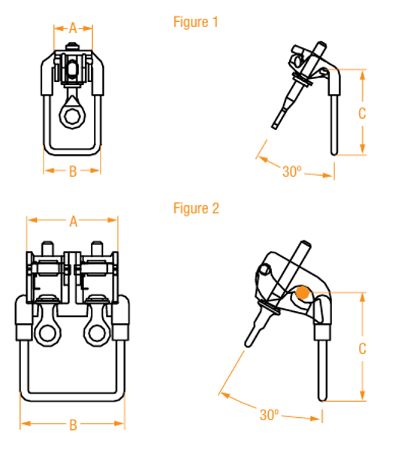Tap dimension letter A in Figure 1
pos(73,29)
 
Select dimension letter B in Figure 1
pos(72,171)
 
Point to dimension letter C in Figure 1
pos(362,113)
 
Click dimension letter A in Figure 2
pos(73,222)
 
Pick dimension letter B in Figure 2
pos(73,425)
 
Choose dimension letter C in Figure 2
pos(362,349)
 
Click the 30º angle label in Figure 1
pos(291,171)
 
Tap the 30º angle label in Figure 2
pos(270,414)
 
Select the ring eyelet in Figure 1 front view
pos(73,116)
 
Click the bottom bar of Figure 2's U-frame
pos(73,395)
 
